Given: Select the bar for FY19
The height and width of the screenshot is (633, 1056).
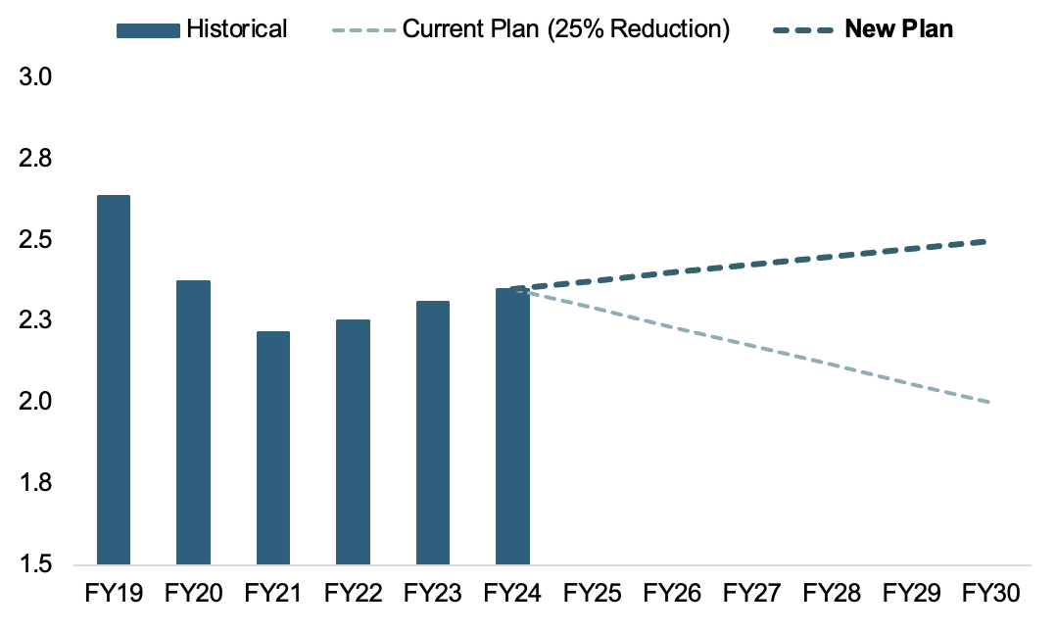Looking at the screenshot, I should click(x=113, y=380).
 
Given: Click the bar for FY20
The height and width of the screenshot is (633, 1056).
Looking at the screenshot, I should click(x=193, y=422).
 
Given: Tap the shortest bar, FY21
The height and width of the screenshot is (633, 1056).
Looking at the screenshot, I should click(x=272, y=448).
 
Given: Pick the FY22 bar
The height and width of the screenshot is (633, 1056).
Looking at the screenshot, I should click(x=353, y=442).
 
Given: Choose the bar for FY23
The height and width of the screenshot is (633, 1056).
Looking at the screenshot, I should click(x=433, y=432).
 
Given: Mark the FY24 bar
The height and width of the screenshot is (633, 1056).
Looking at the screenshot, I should click(x=512, y=426).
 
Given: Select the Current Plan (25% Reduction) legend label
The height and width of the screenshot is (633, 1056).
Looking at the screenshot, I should click(x=566, y=29).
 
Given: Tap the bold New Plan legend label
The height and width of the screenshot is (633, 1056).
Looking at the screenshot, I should click(x=898, y=29).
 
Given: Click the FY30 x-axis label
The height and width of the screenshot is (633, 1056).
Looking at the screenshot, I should click(x=992, y=594).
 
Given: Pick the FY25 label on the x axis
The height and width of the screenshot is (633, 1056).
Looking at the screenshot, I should click(x=593, y=594).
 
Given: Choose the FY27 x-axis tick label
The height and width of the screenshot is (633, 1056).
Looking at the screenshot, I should click(x=752, y=594).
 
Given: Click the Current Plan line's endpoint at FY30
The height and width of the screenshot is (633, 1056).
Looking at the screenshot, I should click(x=987, y=402).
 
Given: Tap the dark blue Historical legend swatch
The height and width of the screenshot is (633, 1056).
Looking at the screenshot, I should click(x=148, y=29).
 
